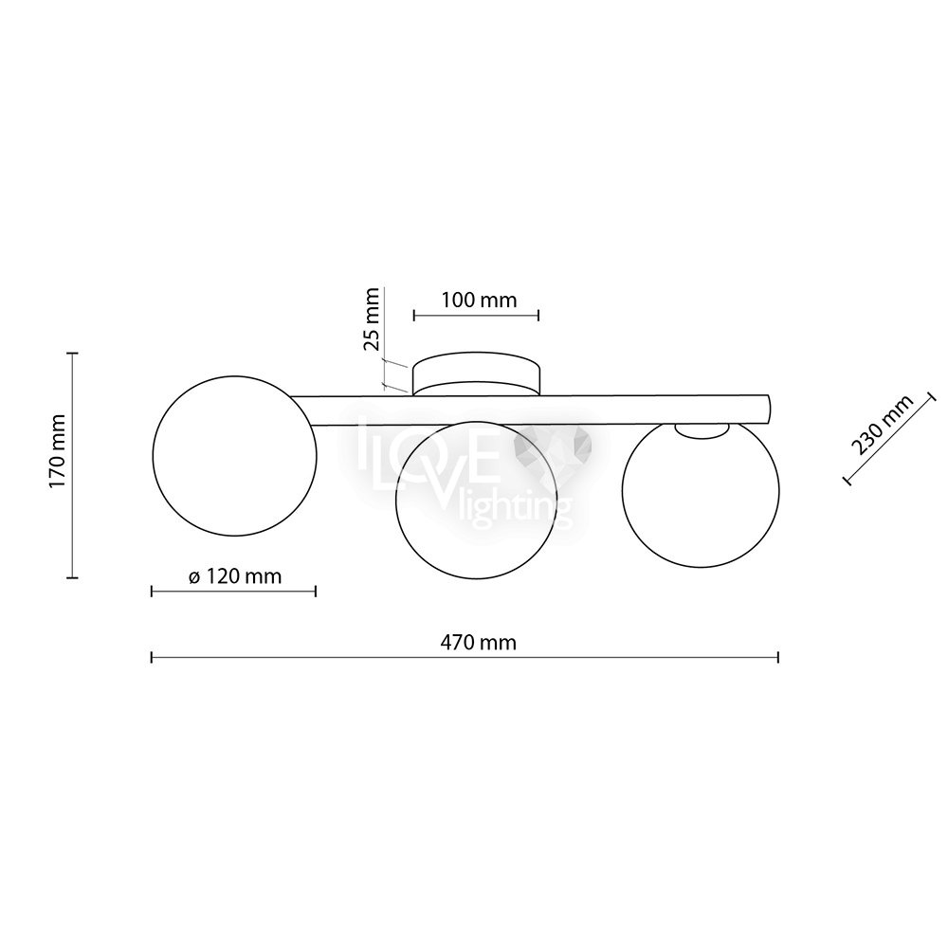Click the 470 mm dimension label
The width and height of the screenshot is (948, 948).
pos(478,642)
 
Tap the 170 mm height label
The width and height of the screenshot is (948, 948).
pos(59,451)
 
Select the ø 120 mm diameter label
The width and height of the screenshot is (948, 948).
pos(235,576)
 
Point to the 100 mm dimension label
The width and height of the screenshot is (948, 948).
pos(479,300)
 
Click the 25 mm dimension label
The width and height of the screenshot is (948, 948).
pos(371,319)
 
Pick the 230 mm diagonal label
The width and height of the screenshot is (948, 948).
pos(882,424)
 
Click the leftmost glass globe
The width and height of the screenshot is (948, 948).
pos(235,455)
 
